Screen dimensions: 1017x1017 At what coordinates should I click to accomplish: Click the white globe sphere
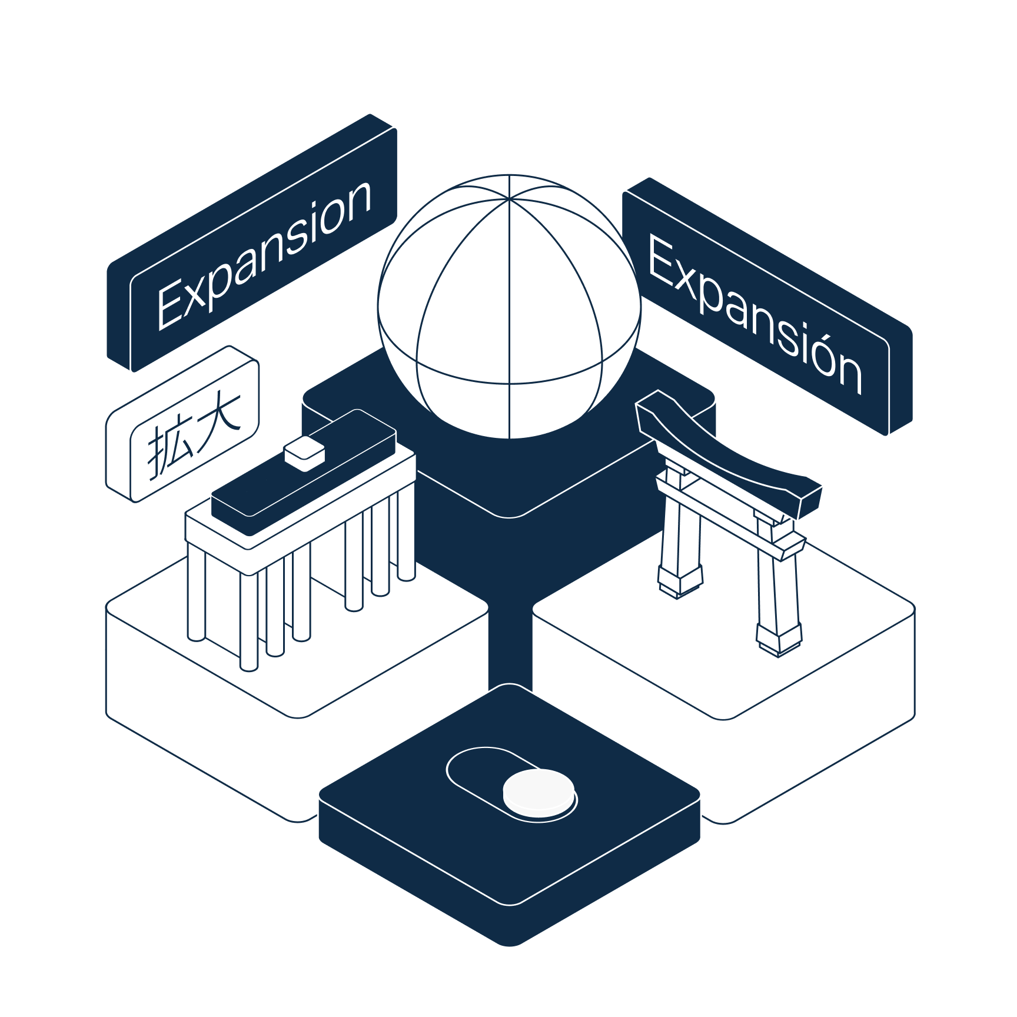[x=509, y=306]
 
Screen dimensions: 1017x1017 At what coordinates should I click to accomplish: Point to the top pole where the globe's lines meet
[x=508, y=199]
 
